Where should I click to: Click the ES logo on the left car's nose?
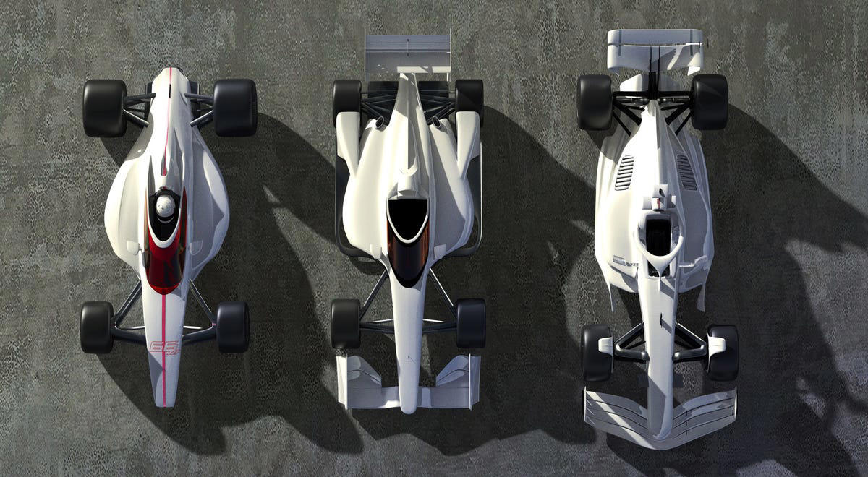163,349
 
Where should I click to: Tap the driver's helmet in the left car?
165,207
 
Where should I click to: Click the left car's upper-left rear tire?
104,108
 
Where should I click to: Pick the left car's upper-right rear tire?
234,108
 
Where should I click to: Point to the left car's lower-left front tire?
97,327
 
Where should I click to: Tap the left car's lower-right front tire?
232,327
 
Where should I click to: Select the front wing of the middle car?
409,383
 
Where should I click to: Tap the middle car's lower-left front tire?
346,324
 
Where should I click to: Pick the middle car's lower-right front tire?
471,324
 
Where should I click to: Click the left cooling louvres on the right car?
624,173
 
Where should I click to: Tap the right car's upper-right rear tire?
709,102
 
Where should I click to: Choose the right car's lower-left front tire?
597,352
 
